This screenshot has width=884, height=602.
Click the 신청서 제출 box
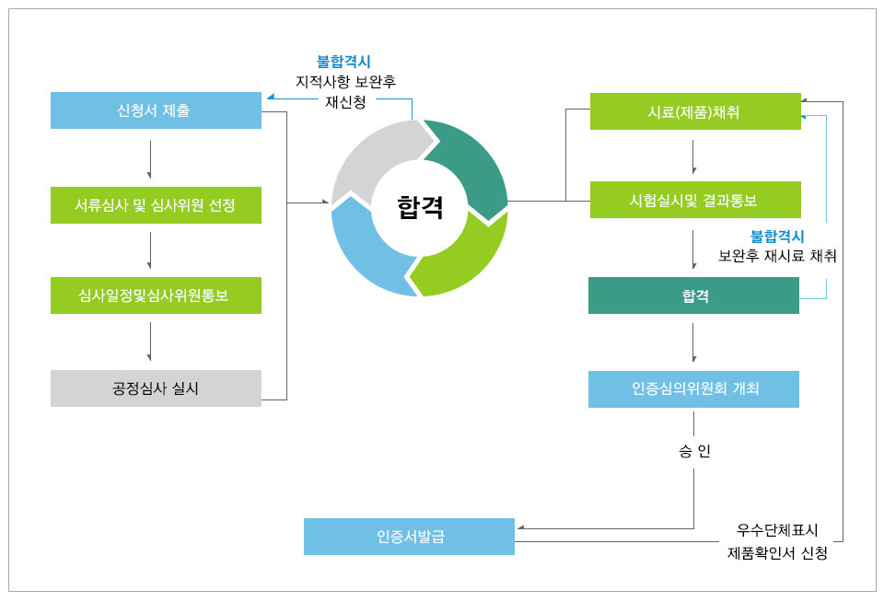pyautogui.click(x=156, y=110)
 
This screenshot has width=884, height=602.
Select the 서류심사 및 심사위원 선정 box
pyautogui.click(x=156, y=204)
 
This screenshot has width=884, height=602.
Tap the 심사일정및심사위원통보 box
pyautogui.click(x=156, y=295)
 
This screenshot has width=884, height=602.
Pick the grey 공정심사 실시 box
pyautogui.click(x=156, y=388)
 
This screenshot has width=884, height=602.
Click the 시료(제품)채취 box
pyautogui.click(x=694, y=111)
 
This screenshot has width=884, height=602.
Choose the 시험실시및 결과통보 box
pyautogui.click(x=694, y=200)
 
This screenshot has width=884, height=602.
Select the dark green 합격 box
pyautogui.click(x=693, y=295)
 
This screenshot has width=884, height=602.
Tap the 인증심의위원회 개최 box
pyautogui.click(x=693, y=388)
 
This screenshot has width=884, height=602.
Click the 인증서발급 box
pyautogui.click(x=409, y=537)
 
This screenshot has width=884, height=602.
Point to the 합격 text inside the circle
pyautogui.click(x=420, y=207)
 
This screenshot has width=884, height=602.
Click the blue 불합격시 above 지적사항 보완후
pyautogui.click(x=343, y=62)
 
